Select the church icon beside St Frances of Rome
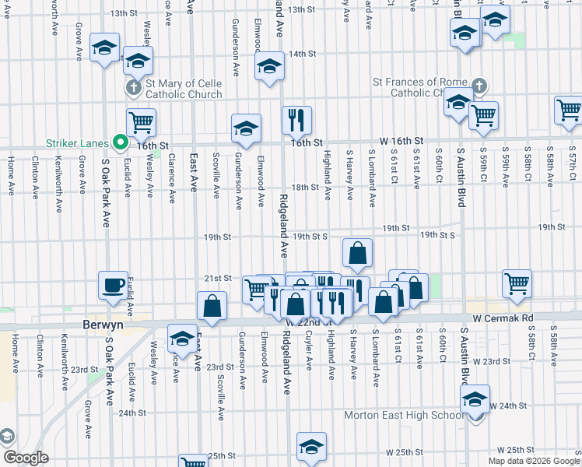click(x=479, y=86)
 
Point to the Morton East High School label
click(x=405, y=415)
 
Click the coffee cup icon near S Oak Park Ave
click(x=113, y=284)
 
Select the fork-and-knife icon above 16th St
click(x=296, y=119)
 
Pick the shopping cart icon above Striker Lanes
click(x=141, y=121)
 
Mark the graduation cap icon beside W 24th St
click(x=474, y=399)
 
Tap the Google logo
click(x=26, y=458)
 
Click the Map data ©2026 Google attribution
click(x=534, y=461)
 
